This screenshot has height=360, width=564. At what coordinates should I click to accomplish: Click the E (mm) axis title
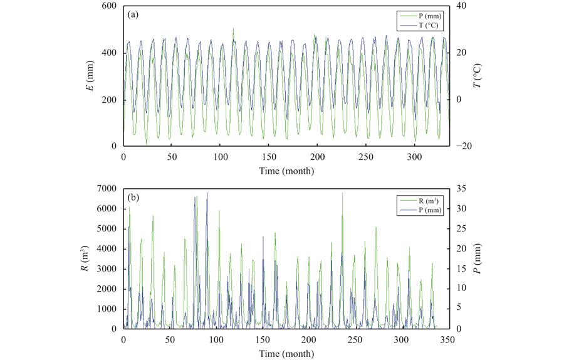point(91,75)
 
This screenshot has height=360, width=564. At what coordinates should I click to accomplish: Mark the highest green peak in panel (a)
point(233,29)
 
